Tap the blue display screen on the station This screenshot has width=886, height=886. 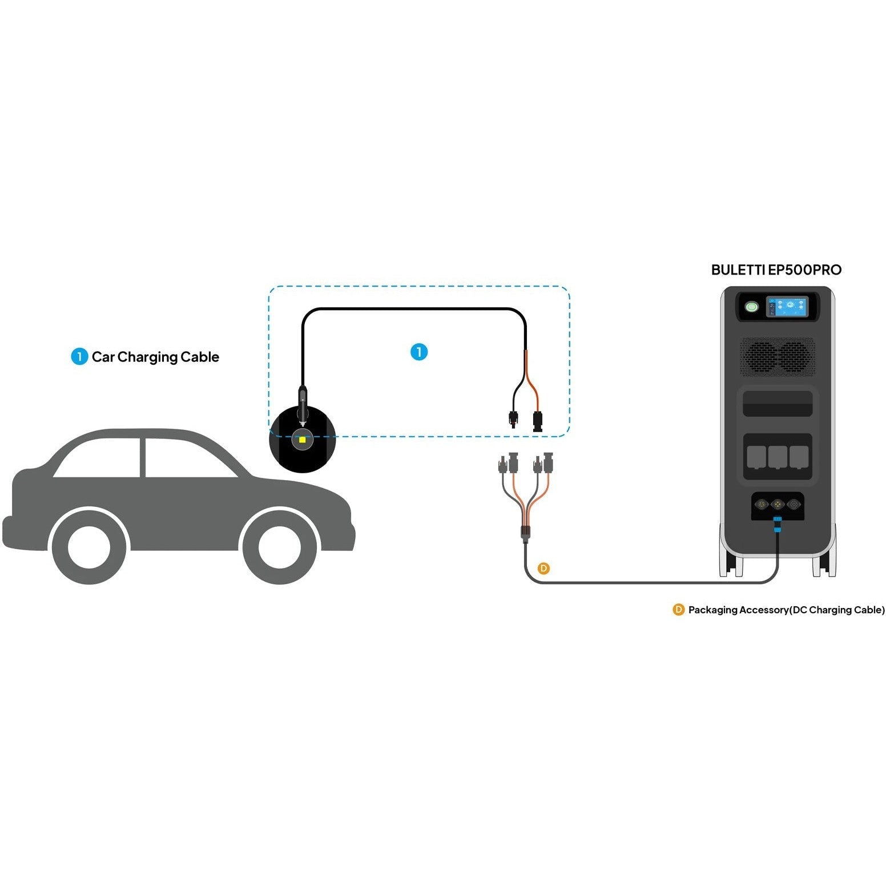(x=787, y=309)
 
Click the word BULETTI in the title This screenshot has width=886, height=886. (x=738, y=270)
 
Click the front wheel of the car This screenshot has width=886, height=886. (x=279, y=547)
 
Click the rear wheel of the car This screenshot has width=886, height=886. (x=88, y=547)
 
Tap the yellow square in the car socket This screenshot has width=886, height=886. (x=302, y=440)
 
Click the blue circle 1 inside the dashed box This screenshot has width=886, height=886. (x=419, y=352)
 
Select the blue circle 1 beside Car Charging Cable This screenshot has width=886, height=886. (x=79, y=357)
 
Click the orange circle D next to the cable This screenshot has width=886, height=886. (x=544, y=568)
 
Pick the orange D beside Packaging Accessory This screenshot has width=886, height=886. (x=678, y=610)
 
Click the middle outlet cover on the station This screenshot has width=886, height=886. (x=777, y=457)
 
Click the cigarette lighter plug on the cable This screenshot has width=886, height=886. (x=303, y=406)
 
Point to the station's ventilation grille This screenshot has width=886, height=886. (x=778, y=356)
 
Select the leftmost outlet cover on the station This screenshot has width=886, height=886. (x=756, y=457)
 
